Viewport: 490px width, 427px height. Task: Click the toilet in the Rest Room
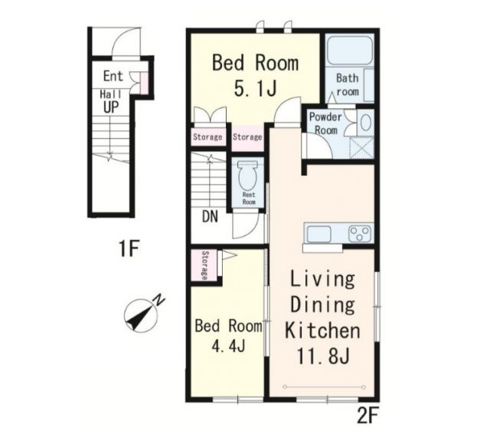tap(248, 176)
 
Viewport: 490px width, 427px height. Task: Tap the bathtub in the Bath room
tap(349, 51)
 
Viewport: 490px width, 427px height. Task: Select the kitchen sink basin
tap(319, 234)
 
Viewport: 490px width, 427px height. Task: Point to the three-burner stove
tap(361, 234)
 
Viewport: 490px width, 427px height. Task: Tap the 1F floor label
tap(129, 248)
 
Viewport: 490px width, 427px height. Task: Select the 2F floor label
tap(367, 415)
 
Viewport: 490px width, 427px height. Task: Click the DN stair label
tap(210, 216)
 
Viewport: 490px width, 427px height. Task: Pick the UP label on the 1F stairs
tap(111, 107)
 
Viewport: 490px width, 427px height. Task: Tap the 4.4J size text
tap(228, 346)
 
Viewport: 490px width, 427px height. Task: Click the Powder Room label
tap(325, 123)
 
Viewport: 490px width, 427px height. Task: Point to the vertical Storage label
tap(204, 265)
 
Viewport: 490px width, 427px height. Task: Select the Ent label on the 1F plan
tap(113, 76)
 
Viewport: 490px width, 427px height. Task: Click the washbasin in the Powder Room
tap(365, 122)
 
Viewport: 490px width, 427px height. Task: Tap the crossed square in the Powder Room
tap(361, 147)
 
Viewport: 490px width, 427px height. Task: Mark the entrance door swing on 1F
tap(126, 42)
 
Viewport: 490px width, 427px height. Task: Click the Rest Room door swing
tap(246, 225)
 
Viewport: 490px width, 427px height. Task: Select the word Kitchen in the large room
tap(322, 330)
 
